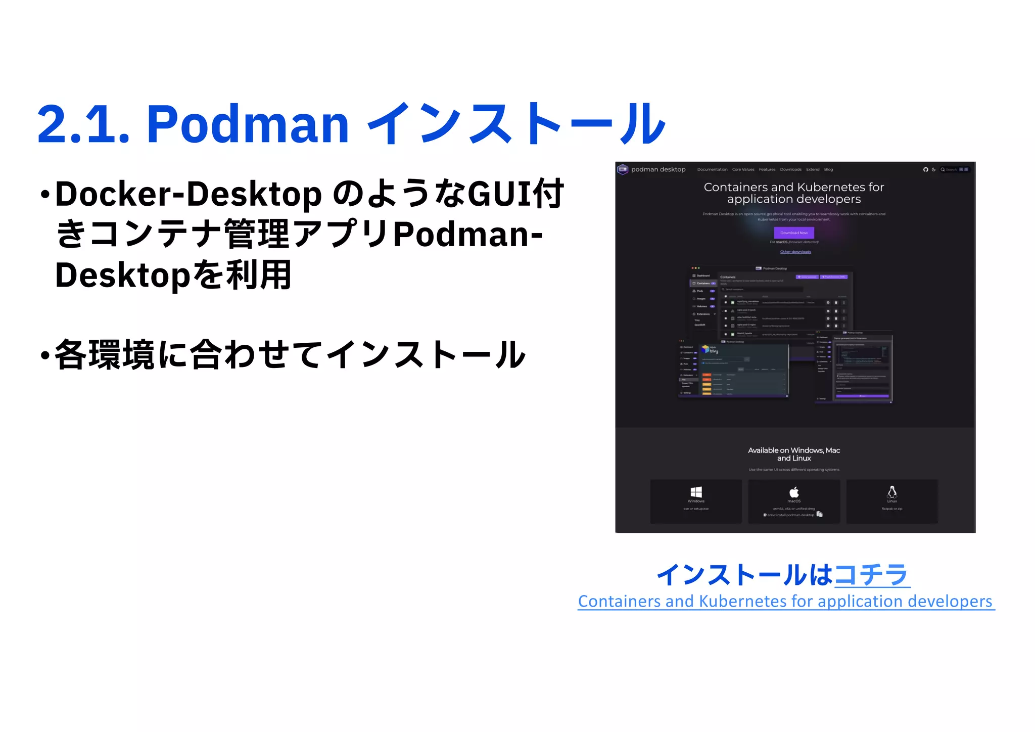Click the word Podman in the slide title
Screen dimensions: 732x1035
[248, 124]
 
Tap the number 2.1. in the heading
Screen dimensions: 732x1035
[83, 124]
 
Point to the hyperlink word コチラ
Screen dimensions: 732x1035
[872, 575]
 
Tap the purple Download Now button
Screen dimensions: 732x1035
[794, 233]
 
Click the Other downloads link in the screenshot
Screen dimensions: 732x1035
[795, 252]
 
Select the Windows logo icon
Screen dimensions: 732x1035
[696, 492]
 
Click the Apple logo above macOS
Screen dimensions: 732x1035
[794, 491]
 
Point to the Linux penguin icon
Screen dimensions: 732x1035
[892, 491]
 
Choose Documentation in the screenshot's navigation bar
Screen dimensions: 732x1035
[712, 169]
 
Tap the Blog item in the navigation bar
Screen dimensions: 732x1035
[828, 169]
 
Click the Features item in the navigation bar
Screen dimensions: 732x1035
[767, 169]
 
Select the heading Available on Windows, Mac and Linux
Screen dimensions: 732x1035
[794, 454]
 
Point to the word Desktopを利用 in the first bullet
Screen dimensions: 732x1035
[173, 276]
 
